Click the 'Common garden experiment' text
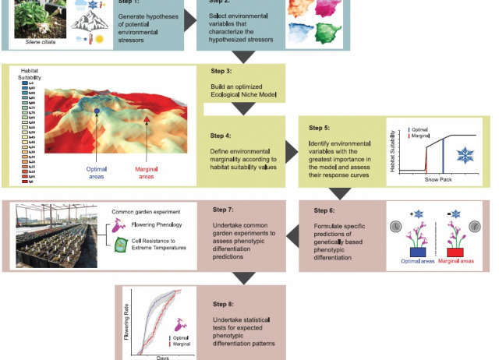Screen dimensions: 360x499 [146, 212]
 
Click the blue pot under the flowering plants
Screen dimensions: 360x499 [416, 252]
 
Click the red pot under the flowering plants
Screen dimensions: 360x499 [455, 252]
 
